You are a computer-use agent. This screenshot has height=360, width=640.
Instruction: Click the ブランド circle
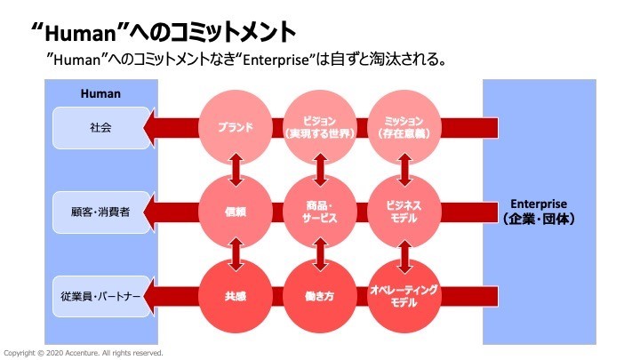[x=236, y=127]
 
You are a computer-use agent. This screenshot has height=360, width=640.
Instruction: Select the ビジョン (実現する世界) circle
[x=320, y=127]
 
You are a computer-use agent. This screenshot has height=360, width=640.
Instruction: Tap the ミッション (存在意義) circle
[x=404, y=127]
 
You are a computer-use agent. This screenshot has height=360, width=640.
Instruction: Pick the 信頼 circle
[x=236, y=212]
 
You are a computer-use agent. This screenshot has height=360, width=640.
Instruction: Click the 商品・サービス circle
[x=320, y=212]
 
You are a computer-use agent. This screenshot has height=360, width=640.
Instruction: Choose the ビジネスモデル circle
[x=404, y=212]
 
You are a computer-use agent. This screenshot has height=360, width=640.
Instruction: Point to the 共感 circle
[x=236, y=296]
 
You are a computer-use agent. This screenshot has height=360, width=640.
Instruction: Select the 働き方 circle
[x=320, y=296]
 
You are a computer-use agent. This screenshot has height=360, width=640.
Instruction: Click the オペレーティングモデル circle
[x=404, y=296]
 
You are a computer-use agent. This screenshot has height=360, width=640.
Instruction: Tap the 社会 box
[x=100, y=127]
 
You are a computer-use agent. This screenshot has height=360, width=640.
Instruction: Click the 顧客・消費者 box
[x=100, y=212]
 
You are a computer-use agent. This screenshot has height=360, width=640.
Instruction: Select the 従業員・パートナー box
[x=100, y=296]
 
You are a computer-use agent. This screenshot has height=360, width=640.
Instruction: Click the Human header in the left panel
[x=100, y=92]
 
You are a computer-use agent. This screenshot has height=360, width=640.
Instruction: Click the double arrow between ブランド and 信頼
[x=236, y=170]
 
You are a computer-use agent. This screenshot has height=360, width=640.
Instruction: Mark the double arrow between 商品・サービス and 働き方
[x=320, y=254]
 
